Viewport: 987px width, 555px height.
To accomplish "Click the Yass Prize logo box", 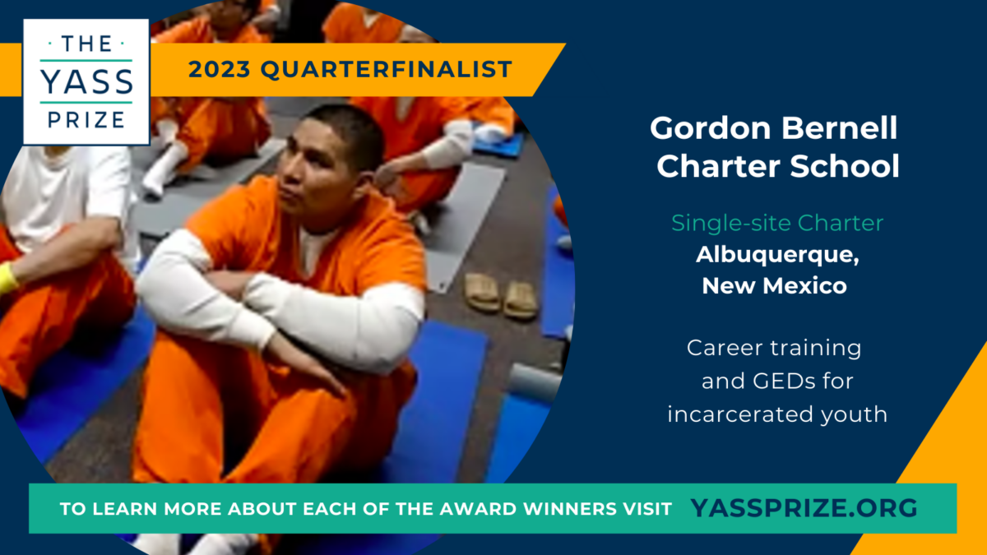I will (86, 81).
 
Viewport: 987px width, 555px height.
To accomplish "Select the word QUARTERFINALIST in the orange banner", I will (386, 69).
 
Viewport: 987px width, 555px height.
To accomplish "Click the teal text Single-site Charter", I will (777, 223).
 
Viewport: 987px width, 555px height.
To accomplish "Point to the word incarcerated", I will (741, 414).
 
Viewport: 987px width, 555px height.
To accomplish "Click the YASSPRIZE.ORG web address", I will (804, 508).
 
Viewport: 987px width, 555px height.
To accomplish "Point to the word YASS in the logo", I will (86, 81).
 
